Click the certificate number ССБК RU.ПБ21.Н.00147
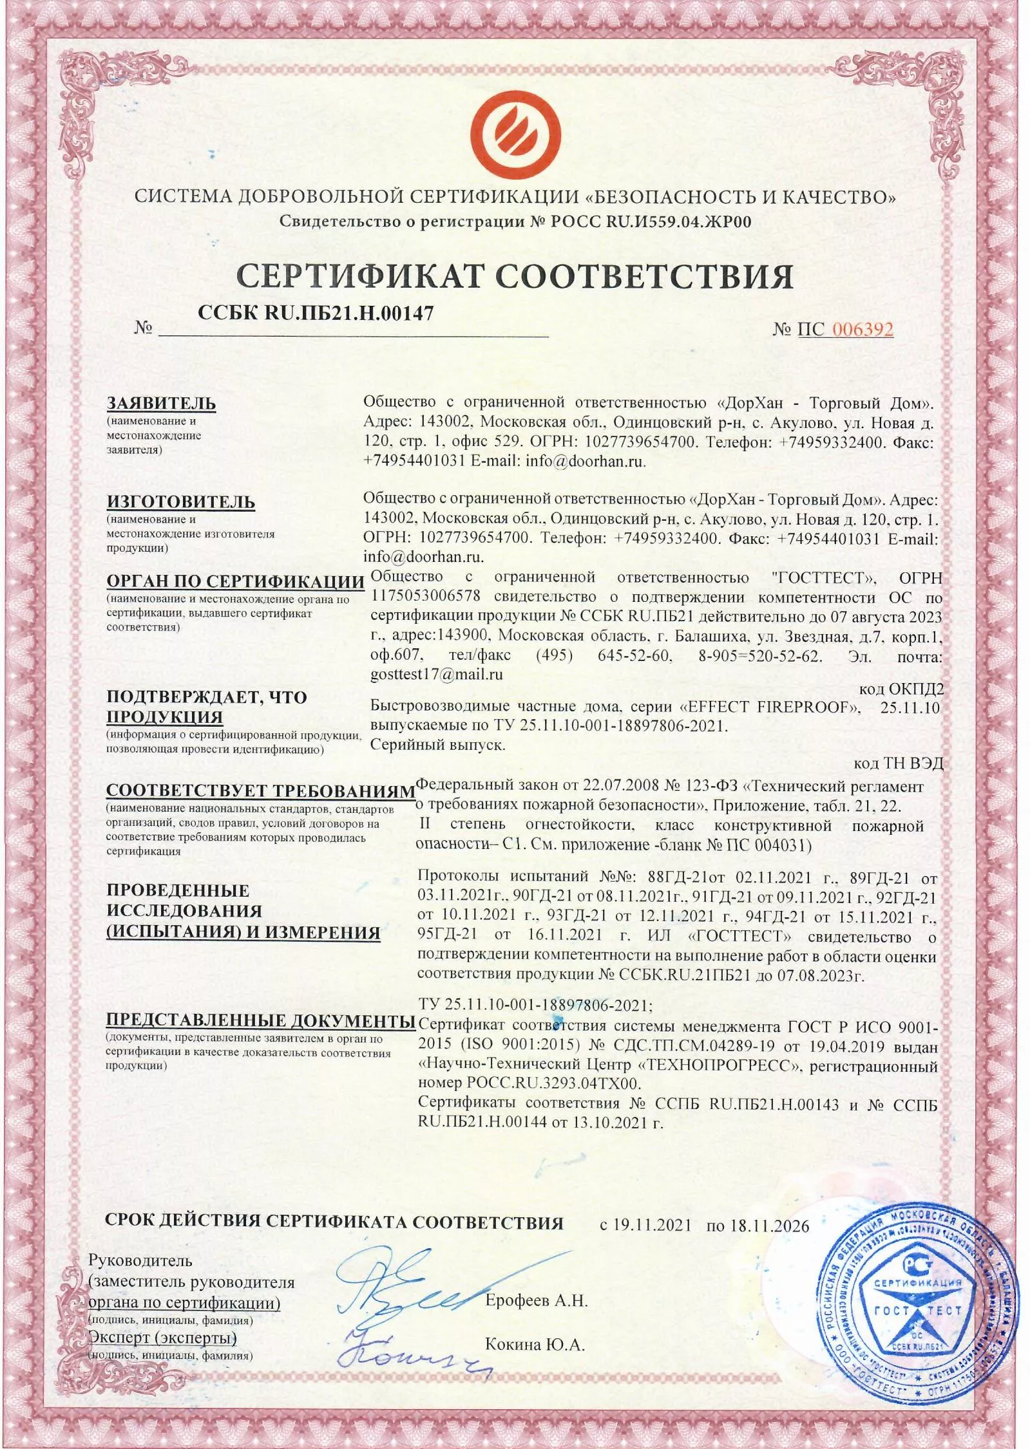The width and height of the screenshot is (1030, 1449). [x=316, y=313]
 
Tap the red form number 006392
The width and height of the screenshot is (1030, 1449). [x=863, y=330]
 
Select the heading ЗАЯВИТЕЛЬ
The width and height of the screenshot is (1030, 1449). [x=161, y=404]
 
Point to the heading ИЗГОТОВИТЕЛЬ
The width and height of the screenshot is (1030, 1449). [x=180, y=501]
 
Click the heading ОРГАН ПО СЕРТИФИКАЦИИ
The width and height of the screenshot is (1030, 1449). [x=235, y=581]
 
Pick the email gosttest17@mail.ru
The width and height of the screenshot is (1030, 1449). [x=437, y=675]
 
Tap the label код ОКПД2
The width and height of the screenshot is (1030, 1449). [x=901, y=689]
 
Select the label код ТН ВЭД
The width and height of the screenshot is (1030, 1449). [x=898, y=763]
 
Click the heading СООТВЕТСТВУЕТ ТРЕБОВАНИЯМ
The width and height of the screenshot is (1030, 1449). [x=260, y=790]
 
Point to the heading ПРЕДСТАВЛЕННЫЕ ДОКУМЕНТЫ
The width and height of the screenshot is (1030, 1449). [x=260, y=1020]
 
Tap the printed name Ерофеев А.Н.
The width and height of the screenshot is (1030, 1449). [x=537, y=1301]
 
